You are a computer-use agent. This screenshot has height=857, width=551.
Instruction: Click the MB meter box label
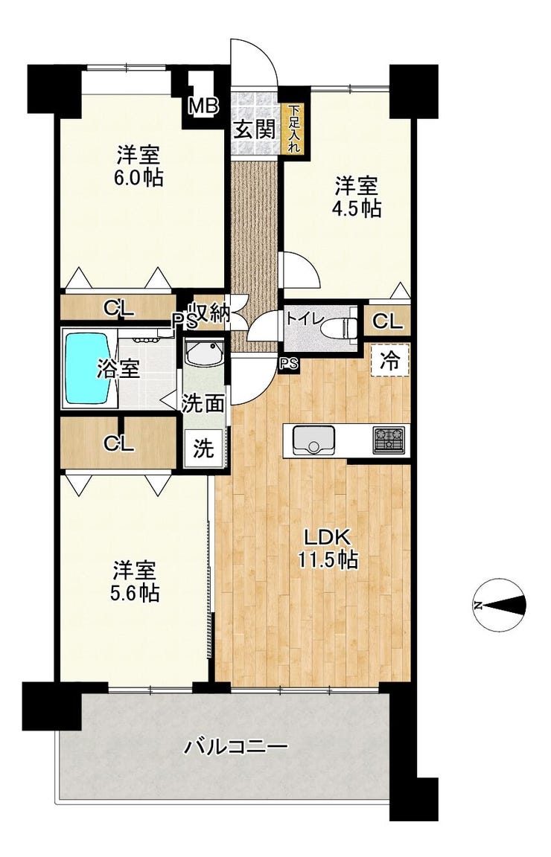(203, 106)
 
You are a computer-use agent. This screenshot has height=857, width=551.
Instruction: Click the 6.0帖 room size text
(139, 178)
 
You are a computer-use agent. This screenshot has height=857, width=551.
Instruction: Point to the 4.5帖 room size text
(358, 208)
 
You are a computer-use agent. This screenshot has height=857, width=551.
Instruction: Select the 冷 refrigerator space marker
(390, 360)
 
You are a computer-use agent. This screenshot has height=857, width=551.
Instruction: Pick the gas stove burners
(389, 440)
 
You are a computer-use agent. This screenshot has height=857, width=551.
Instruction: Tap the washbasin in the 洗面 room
(203, 356)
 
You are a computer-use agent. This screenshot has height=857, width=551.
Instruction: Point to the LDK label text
(327, 539)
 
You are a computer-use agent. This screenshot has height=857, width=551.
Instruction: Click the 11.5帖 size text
(328, 560)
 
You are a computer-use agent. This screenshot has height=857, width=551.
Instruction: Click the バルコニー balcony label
(235, 745)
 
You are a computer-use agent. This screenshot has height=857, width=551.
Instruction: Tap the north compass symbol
(500, 605)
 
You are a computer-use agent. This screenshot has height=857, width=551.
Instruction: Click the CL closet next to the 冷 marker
(387, 321)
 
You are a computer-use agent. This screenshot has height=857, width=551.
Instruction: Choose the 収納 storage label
(210, 314)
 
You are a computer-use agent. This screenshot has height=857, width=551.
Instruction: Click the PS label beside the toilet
(289, 364)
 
